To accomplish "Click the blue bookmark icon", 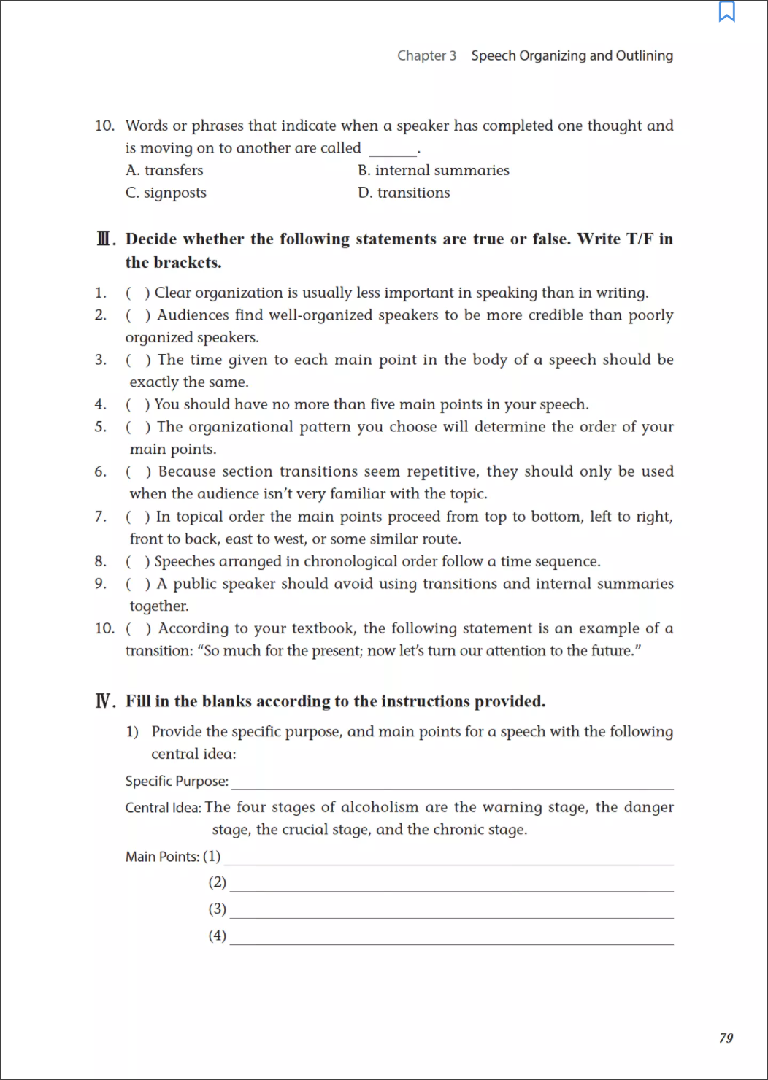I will coord(727,12).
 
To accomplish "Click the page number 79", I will coord(726,1038).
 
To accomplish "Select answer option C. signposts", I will coord(166,193).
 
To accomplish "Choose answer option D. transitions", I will coord(404,193).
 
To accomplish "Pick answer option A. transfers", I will coord(164,170).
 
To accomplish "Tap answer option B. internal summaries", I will coord(434,170).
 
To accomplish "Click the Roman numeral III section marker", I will coord(104,239).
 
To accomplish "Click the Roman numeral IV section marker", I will coord(104,701).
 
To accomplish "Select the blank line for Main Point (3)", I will coord(451,915).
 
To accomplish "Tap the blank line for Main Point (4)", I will coord(451,942).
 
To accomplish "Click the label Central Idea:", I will coord(163,808).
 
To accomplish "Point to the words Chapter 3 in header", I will coord(426,55).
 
